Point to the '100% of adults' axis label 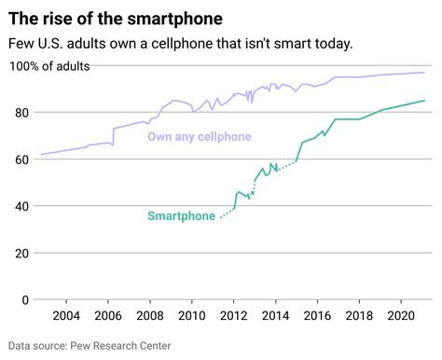point(50,65)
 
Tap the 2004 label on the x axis point(65,317)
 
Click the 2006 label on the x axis point(107,317)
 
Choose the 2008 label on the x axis point(149,317)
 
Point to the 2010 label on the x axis point(191,317)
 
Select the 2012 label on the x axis point(233,317)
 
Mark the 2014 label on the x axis point(275,317)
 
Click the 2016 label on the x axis point(317,317)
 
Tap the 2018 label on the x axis point(359,317)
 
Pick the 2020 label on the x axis point(401,317)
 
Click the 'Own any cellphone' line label point(200,137)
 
